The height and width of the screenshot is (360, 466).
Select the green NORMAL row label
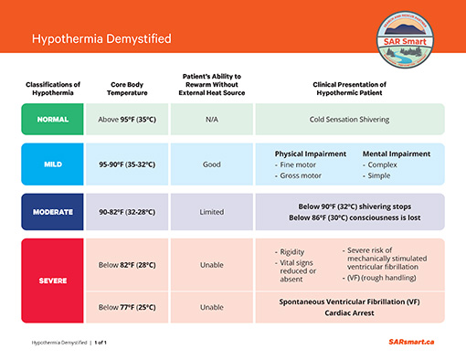click(52, 119)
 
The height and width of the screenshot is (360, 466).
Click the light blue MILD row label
click(52, 164)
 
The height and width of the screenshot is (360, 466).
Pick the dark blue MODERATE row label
click(52, 211)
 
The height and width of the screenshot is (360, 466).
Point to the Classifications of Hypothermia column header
click(52, 90)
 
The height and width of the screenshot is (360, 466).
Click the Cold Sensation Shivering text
click(349, 119)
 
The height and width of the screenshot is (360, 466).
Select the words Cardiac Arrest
click(349, 312)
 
